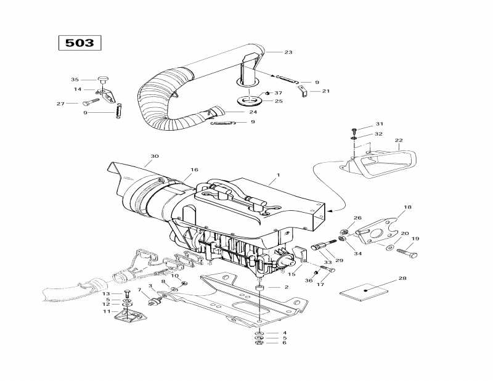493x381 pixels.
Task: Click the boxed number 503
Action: coord(79,43)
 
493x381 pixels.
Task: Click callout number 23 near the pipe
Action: coord(288,52)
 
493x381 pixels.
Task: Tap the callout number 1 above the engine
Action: coord(278,175)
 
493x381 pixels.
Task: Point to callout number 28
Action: coord(402,279)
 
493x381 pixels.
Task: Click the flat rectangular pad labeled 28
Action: coord(368,290)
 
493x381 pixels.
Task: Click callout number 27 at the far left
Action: coord(60,104)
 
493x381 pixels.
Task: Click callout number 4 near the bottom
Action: coord(284,333)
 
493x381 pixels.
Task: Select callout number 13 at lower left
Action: coord(106,293)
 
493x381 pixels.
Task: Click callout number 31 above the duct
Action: coord(380,124)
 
